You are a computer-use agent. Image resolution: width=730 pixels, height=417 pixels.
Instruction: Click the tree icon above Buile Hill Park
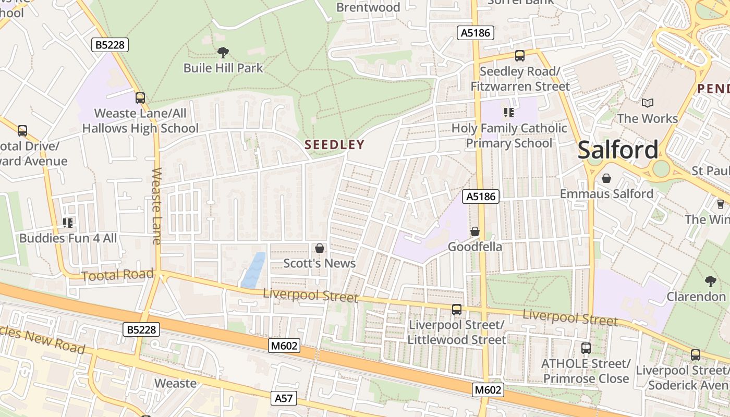(x=223, y=52)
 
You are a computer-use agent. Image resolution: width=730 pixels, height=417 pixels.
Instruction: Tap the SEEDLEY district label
(x=334, y=144)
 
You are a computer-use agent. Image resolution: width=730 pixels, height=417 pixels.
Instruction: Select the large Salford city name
(x=618, y=150)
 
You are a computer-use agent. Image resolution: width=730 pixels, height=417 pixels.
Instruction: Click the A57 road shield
(x=284, y=398)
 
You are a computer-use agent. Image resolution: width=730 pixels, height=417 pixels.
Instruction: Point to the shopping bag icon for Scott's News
(x=320, y=248)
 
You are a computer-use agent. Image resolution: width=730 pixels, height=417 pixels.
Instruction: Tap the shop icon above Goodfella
(x=475, y=231)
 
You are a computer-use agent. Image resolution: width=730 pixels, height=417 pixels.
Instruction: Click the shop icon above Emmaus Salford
(x=606, y=178)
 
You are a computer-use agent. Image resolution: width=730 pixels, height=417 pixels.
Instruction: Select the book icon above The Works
(x=648, y=103)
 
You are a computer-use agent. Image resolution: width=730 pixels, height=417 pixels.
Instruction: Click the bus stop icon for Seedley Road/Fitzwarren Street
(x=519, y=56)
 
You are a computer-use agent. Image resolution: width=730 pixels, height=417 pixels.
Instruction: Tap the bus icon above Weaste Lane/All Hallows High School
(x=140, y=97)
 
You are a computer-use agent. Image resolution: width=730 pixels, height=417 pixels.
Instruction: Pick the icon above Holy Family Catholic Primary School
(x=509, y=112)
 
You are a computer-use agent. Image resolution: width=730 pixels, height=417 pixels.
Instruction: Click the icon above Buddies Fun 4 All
(x=68, y=223)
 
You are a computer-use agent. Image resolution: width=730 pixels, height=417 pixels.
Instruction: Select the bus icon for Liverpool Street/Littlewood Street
(x=457, y=309)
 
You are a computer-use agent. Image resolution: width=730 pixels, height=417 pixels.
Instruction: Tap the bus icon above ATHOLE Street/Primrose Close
(x=586, y=348)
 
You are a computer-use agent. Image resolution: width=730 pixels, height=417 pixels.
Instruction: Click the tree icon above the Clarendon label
(x=710, y=281)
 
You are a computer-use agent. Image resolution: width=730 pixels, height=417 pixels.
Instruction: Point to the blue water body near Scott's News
(x=253, y=271)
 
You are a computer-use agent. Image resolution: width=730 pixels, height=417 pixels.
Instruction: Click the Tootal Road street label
(x=118, y=275)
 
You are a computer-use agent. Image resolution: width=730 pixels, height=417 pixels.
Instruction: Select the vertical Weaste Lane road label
(x=156, y=206)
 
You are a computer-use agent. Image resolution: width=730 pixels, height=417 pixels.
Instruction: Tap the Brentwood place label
(x=368, y=7)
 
